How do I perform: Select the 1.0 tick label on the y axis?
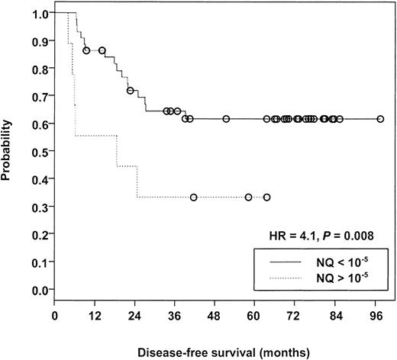click(x=38, y=14)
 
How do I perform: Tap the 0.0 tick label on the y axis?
click(x=38, y=290)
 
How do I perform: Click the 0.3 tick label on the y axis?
click(x=38, y=207)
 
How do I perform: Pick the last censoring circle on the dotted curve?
click(x=266, y=197)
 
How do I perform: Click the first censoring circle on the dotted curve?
click(x=193, y=197)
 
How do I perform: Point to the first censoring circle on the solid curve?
click(x=86, y=50)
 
